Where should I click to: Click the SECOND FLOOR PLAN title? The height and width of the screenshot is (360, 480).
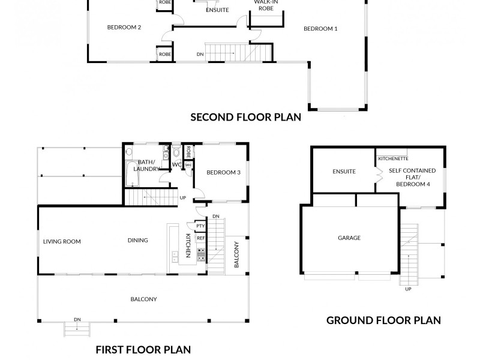click(x=245, y=117)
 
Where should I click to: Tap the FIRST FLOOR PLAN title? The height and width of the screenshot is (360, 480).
click(x=143, y=350)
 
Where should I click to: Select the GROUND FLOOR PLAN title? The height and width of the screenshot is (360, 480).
click(x=383, y=320)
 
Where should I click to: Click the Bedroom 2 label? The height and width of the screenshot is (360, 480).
click(x=124, y=27)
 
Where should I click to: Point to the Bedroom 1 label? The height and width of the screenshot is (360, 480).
click(x=320, y=29)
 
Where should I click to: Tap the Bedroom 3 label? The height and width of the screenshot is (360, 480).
click(x=223, y=173)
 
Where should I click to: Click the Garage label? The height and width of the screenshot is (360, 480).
click(x=349, y=238)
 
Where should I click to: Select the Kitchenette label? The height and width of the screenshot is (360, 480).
click(x=393, y=158)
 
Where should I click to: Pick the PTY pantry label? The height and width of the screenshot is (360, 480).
click(x=200, y=226)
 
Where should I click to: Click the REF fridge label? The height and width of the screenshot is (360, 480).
click(x=201, y=238)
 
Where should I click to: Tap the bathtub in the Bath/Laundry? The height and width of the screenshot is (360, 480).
click(x=132, y=173)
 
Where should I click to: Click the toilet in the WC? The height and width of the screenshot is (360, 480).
click(x=176, y=152)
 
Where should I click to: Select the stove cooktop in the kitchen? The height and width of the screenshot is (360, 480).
click(x=201, y=254)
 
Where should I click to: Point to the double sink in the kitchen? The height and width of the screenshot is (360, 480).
click(x=175, y=257)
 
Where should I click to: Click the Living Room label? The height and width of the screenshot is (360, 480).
click(x=62, y=242)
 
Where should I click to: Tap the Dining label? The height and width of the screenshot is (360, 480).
click(x=138, y=241)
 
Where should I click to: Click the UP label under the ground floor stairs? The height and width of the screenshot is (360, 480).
click(x=408, y=289)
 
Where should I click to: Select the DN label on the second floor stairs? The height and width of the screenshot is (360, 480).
click(x=200, y=54)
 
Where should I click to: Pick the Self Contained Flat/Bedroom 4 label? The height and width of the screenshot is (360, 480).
click(x=412, y=177)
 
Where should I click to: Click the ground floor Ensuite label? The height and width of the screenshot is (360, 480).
click(x=344, y=172)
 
